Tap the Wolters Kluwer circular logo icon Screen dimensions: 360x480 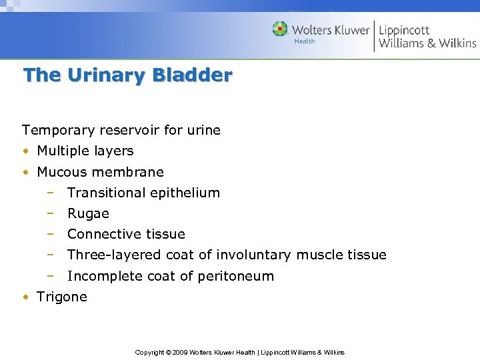pyautogui.click(x=280, y=29)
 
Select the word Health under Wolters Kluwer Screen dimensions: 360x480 pyautogui.click(x=305, y=41)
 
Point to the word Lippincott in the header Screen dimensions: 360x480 pyautogui.click(x=404, y=30)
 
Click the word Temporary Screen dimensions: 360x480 pyautogui.click(x=55, y=130)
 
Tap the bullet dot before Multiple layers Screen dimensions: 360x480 pyautogui.click(x=25, y=151)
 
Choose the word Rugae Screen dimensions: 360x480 pyautogui.click(x=88, y=213)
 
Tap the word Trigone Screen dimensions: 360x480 pyautogui.click(x=62, y=297)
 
